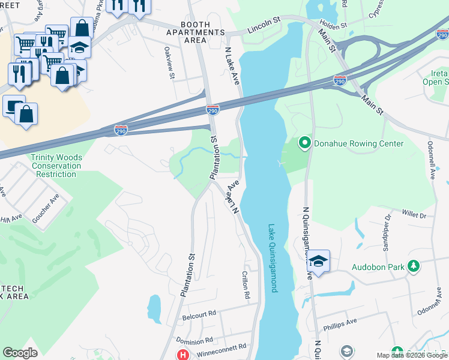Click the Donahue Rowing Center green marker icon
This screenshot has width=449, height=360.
304,143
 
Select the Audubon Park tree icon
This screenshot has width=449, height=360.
413,265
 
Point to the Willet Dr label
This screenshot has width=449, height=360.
414,214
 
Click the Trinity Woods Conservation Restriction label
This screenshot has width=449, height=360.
56,166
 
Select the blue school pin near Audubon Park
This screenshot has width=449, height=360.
319,261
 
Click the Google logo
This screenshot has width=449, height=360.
20,353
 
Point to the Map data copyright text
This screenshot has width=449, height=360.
412,355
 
